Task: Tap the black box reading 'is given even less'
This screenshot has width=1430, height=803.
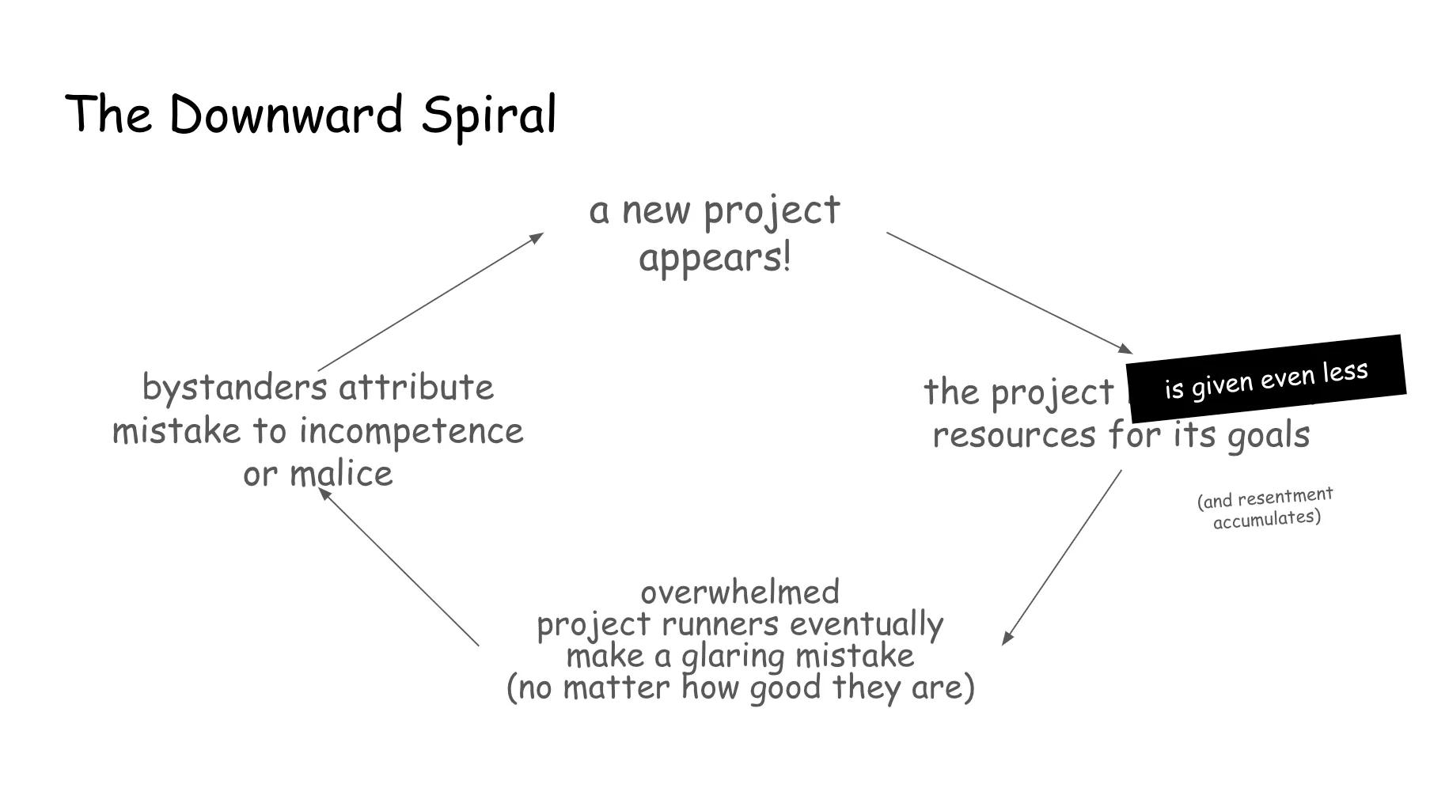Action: pyautogui.click(x=1265, y=379)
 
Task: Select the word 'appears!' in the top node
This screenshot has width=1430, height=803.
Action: pyautogui.click(x=715, y=258)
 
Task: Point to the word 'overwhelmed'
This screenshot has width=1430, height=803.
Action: pyautogui.click(x=740, y=592)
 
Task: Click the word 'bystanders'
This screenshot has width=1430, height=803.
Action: pyautogui.click(x=234, y=388)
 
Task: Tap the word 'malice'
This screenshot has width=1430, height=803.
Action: pyautogui.click(x=341, y=474)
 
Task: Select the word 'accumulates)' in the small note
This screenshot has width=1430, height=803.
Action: pyautogui.click(x=1267, y=519)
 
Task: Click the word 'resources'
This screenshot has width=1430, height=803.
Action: pyautogui.click(x=1013, y=434)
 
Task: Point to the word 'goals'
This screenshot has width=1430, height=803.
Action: pyautogui.click(x=1269, y=434)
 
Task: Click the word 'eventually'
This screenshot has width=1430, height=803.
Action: pyautogui.click(x=866, y=624)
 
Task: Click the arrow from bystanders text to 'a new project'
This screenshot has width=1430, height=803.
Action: pyautogui.click(x=431, y=301)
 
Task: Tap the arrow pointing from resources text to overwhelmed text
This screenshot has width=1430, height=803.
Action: pyautogui.click(x=1062, y=558)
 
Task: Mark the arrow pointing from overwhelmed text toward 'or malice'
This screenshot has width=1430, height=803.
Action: pyautogui.click(x=399, y=567)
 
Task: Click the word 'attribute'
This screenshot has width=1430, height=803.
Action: pyautogui.click(x=416, y=388)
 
